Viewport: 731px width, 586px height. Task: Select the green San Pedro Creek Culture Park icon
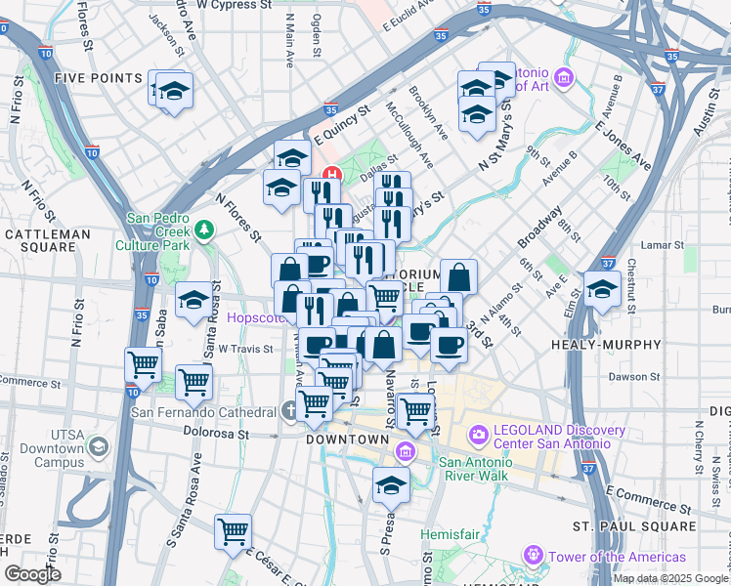[x=204, y=230]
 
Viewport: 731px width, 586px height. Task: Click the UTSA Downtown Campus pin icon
[x=98, y=447]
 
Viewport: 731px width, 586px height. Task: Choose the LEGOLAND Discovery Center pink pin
[x=479, y=433]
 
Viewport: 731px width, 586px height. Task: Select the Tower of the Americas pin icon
[x=534, y=556]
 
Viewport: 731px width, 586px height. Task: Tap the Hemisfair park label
[x=451, y=534]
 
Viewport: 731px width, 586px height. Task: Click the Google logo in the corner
[x=32, y=574]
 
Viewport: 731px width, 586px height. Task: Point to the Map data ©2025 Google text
[x=669, y=578]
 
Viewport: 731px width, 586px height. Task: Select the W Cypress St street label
[x=235, y=5]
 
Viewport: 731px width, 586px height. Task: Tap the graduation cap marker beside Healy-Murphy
[x=602, y=288]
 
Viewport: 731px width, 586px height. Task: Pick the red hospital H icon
[x=331, y=176]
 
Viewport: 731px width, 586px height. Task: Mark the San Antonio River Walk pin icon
[x=407, y=451]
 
